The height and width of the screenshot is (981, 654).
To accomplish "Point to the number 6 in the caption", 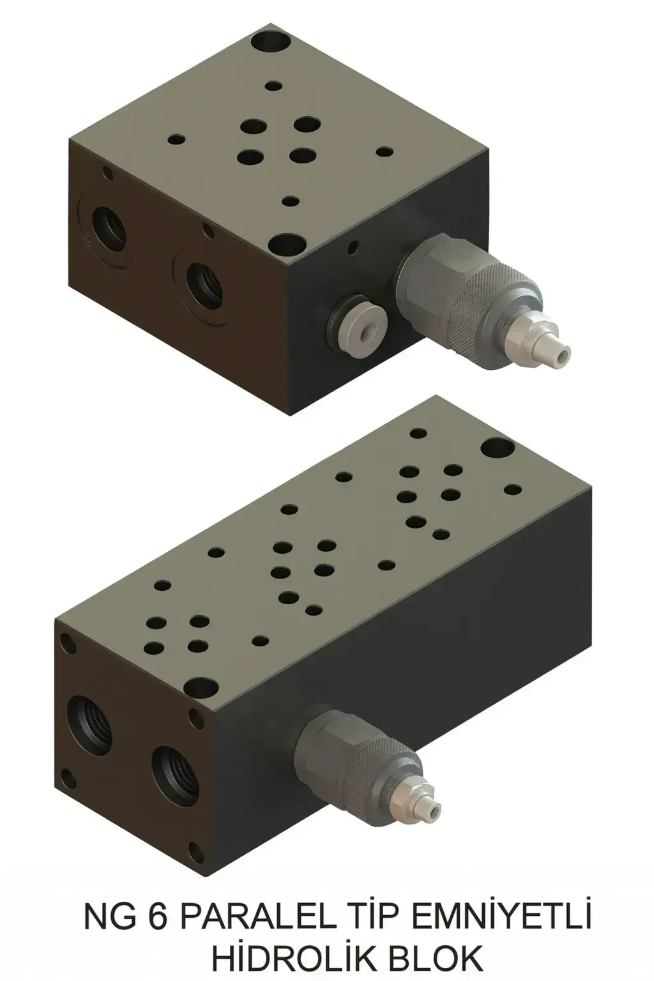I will click(x=157, y=918).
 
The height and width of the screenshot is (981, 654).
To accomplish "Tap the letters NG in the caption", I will click(x=109, y=918).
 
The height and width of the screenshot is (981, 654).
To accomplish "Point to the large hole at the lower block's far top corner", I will click(x=498, y=448).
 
